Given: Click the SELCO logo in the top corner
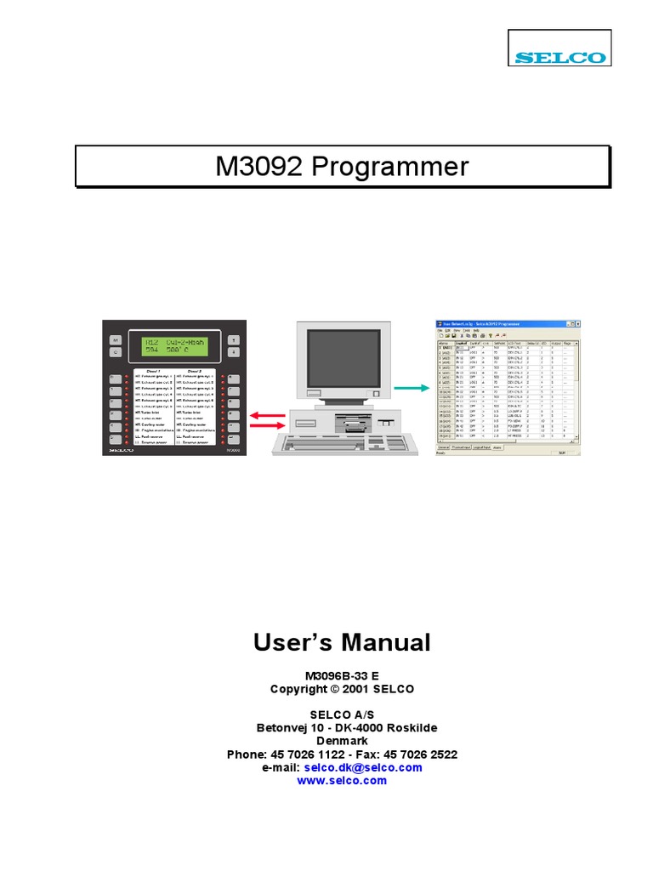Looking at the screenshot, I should click(559, 58).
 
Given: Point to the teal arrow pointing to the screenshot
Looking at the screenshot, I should click(412, 387).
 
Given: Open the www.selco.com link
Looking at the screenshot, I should click(342, 780).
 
